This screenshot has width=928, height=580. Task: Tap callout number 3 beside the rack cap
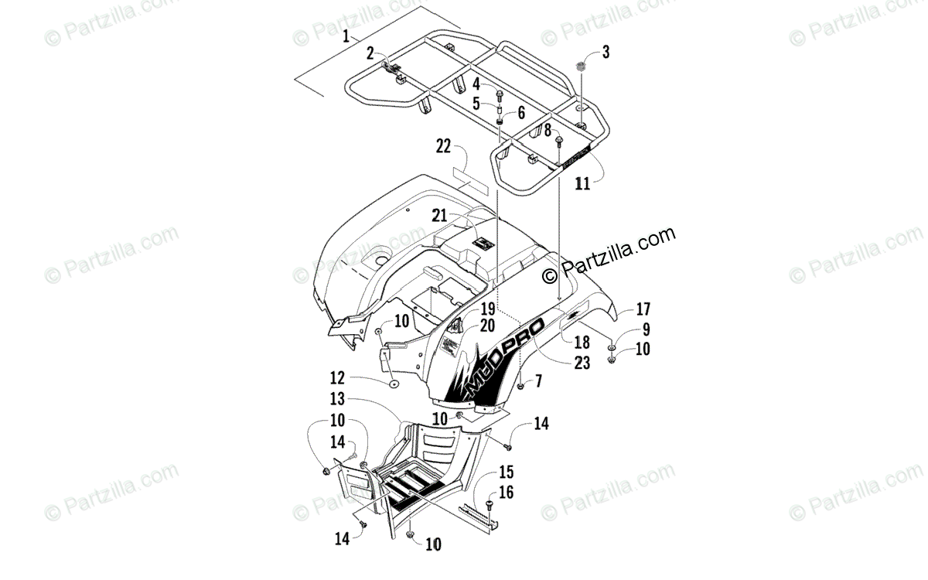click(606, 53)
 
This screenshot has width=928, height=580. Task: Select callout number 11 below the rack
click(582, 183)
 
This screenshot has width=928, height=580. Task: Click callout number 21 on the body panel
click(462, 215)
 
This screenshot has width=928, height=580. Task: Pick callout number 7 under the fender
click(537, 380)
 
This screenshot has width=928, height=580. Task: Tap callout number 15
click(507, 472)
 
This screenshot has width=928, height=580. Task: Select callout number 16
click(507, 492)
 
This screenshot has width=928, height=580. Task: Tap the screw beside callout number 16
click(488, 505)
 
